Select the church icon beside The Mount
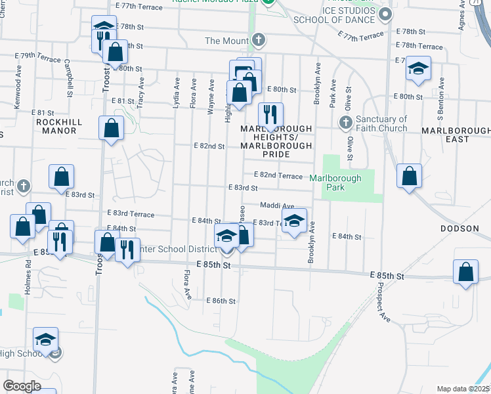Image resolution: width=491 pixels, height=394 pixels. tap(259, 40)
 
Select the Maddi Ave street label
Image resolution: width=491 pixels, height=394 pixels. tap(277, 206)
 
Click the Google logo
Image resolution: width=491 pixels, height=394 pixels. tap(22, 386)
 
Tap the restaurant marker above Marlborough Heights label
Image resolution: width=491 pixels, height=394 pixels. tap(270, 116)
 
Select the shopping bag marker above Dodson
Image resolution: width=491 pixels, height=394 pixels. tap(409, 176)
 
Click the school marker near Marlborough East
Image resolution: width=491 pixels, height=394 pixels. tap(417, 70)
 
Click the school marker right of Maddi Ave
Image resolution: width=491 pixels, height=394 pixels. tap(295, 221)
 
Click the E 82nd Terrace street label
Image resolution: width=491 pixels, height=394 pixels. tap(278, 176)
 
